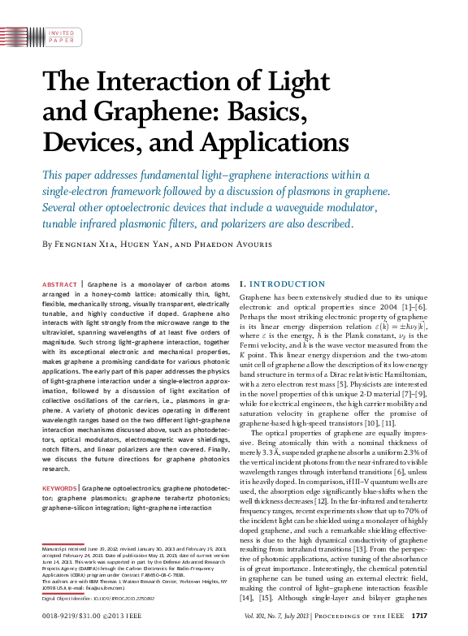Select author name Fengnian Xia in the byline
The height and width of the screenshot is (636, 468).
87,244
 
